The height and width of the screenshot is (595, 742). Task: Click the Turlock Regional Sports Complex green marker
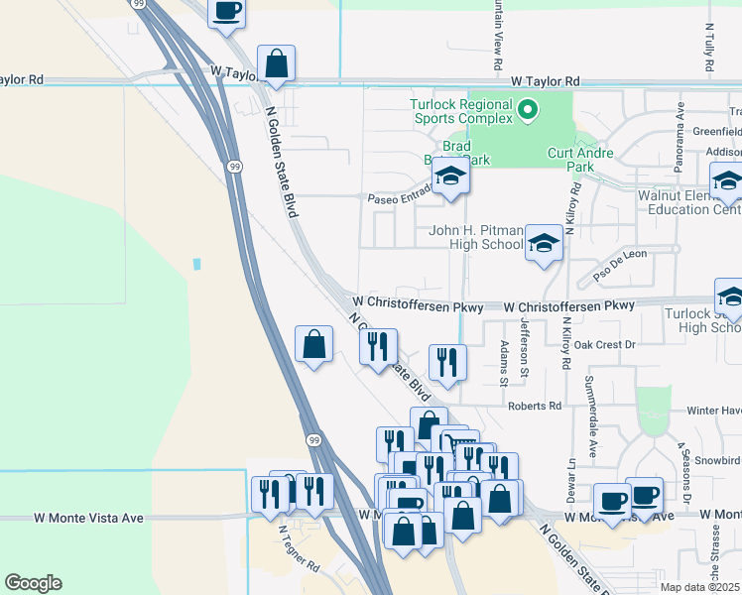(528, 111)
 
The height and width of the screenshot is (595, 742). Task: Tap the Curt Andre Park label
(581, 161)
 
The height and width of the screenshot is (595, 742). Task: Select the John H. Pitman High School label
(475, 237)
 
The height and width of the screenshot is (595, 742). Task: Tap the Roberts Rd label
(535, 406)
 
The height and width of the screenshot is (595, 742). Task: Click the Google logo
(33, 583)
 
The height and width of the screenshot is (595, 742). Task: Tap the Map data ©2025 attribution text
(700, 587)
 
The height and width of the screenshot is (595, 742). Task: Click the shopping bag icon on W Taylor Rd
(277, 62)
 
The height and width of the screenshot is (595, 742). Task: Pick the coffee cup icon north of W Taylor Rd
(226, 11)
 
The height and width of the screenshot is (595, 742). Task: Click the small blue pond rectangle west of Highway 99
(197, 265)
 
